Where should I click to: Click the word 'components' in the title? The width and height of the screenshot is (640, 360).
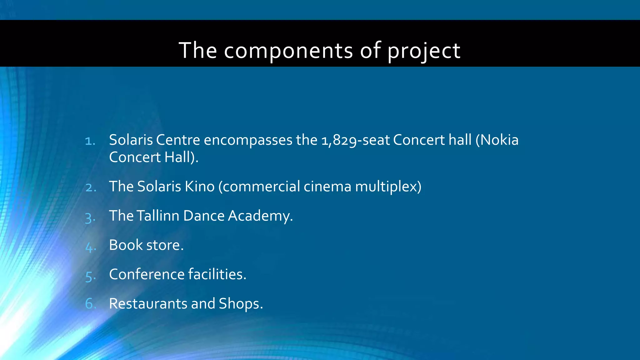288,51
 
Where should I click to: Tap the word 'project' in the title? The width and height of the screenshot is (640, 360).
424,51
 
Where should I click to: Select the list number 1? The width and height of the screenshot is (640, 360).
90,141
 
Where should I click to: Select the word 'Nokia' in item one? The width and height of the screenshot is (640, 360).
499,140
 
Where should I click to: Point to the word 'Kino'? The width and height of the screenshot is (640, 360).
199,187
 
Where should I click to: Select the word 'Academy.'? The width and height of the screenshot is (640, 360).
260,216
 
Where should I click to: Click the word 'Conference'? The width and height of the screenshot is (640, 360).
147,274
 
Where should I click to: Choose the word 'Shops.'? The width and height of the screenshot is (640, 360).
241,304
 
